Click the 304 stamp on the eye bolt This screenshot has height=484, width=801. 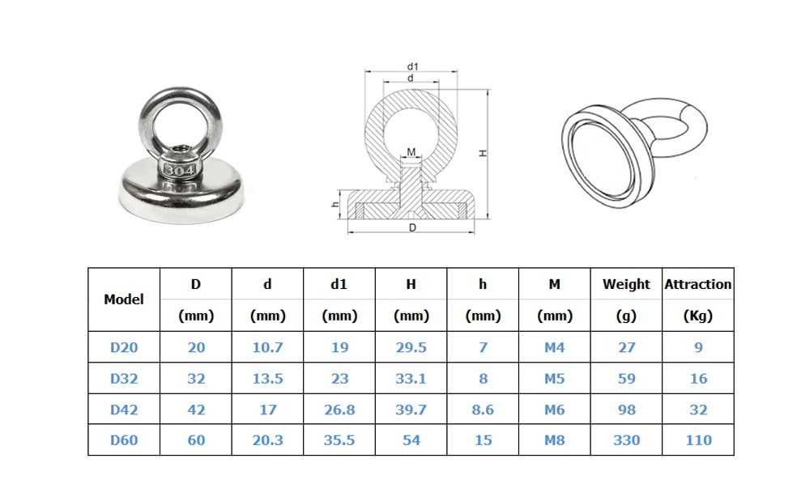coord(179,170)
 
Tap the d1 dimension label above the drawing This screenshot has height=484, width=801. coord(413,66)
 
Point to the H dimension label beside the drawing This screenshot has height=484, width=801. coord(482,153)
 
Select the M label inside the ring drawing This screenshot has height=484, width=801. coord(411,151)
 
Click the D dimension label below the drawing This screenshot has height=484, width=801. coord(413,227)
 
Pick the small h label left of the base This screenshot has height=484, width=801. coord(335,204)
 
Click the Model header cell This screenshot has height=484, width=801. coord(124,299)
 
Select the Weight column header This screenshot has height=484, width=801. coord(626,284)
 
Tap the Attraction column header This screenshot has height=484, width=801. coord(698,284)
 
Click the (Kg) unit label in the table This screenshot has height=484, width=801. coord(698,316)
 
